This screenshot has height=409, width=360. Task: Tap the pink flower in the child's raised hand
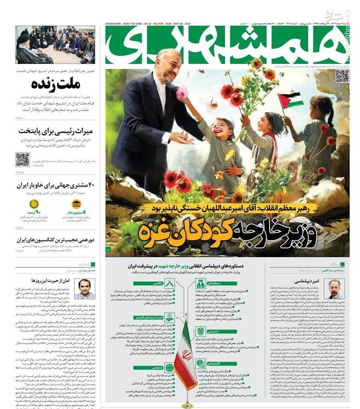coord(183,93)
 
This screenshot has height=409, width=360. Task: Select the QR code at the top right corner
coord(342,76)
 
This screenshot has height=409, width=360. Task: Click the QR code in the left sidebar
coord(22,159)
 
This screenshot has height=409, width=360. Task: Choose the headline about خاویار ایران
coord(57,185)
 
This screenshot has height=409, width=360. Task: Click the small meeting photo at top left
coord(55,44)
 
